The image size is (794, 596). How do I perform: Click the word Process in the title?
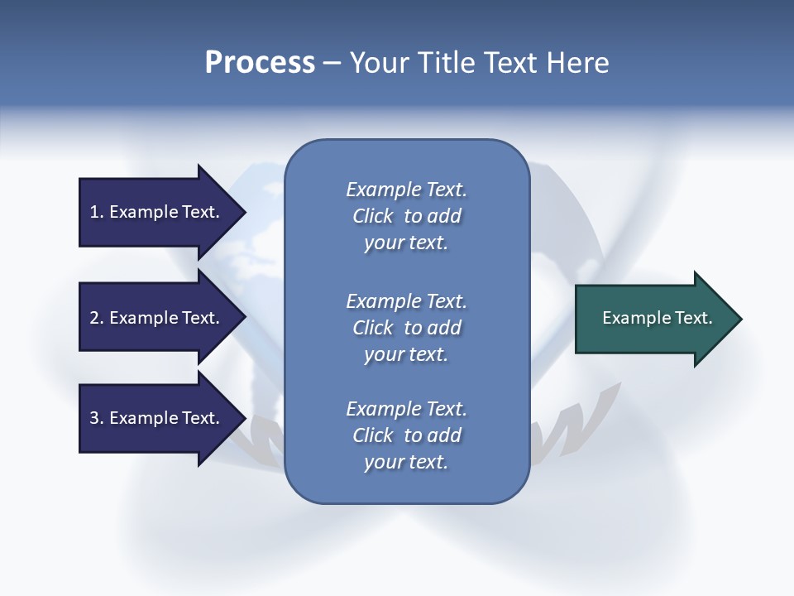(x=260, y=63)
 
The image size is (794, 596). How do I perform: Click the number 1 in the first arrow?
(x=94, y=212)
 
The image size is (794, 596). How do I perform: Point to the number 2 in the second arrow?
(x=94, y=318)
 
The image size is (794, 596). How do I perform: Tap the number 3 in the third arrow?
(x=94, y=418)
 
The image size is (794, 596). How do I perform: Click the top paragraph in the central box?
(x=406, y=216)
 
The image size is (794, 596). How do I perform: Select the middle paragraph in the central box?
(x=406, y=328)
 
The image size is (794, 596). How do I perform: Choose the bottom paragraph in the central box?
(x=406, y=435)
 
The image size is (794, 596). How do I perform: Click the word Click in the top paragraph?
(x=373, y=216)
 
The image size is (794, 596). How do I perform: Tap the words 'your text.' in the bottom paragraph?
(x=406, y=462)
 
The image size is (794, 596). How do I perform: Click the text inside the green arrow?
(x=657, y=318)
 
